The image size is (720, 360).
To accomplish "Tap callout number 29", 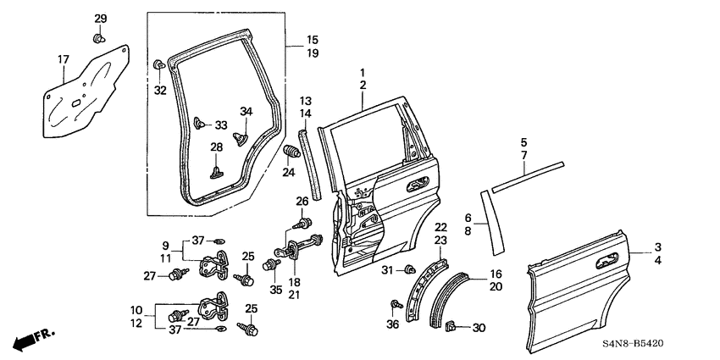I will coord(100,19).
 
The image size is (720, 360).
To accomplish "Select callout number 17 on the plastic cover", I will coord(63,59).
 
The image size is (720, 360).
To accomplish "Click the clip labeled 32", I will coord(159,65).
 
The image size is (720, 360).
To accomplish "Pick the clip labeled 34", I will coord(240,134).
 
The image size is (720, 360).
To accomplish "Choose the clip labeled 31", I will coord(409,270).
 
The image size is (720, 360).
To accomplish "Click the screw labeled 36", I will coord(396,304).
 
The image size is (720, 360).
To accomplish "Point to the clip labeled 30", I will coord(451,325).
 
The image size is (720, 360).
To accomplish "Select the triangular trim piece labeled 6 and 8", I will coord(487,221).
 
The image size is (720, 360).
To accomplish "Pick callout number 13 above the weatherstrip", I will coord(306,101).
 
